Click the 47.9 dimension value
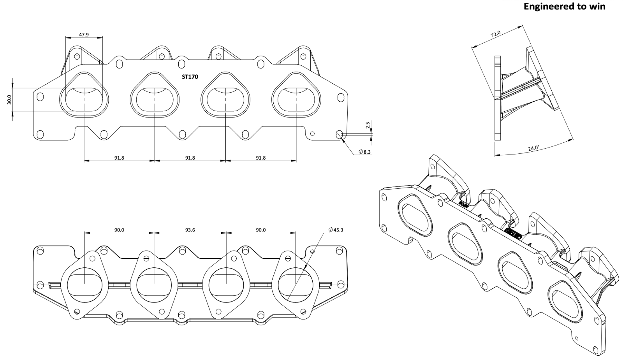(x=84, y=35)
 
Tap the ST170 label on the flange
(x=190, y=77)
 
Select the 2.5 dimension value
(x=368, y=125)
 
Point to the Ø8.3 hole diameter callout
(x=364, y=152)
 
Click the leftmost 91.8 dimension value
(x=119, y=158)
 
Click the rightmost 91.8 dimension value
(x=260, y=158)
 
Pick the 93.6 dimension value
(x=190, y=230)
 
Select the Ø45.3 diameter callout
(x=336, y=230)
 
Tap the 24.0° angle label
(x=533, y=148)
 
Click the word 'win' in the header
(x=597, y=7)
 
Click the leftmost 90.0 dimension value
(x=119, y=230)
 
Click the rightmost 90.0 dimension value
(x=260, y=230)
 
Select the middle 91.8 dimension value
(x=190, y=158)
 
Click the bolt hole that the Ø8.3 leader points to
(x=339, y=134)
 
